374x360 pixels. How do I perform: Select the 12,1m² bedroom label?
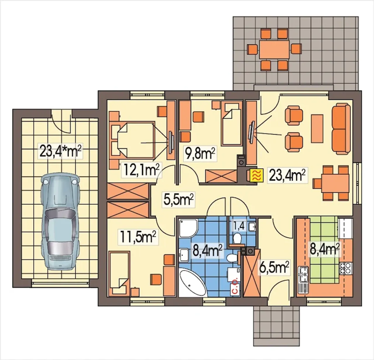[142, 170]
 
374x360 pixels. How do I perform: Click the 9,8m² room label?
[200, 154]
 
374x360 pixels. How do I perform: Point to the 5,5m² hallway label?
[178, 200]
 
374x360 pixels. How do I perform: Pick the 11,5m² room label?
[138, 237]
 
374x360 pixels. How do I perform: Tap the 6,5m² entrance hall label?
[274, 268]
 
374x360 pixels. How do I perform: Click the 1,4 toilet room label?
[239, 226]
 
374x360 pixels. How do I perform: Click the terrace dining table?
[274, 49]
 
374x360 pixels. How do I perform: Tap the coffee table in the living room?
[317, 129]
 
